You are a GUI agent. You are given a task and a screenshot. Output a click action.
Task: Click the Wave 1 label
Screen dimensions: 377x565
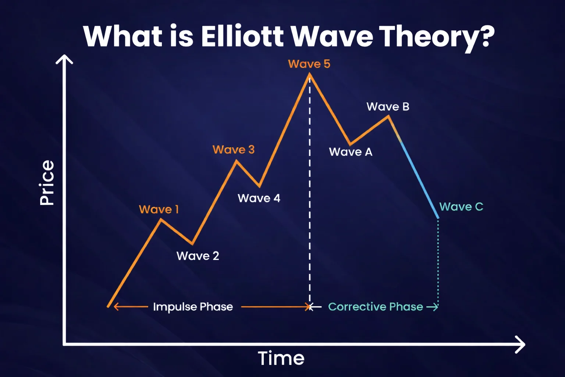tap(159, 209)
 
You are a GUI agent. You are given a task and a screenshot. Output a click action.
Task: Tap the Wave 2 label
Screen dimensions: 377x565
tap(198, 256)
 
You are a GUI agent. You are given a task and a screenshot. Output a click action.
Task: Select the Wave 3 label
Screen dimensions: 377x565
tap(234, 150)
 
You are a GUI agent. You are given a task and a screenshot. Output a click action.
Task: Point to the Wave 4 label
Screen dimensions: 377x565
tap(259, 198)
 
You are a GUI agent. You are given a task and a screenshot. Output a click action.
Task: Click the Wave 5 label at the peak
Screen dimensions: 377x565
tap(309, 64)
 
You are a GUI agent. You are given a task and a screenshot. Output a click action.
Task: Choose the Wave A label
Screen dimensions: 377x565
tap(351, 152)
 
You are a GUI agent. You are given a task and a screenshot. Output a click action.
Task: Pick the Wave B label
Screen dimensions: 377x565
tap(388, 107)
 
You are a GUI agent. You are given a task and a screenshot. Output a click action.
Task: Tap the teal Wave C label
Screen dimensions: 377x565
tap(461, 207)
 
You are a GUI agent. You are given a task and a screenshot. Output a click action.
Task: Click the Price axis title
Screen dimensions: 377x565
tap(47, 183)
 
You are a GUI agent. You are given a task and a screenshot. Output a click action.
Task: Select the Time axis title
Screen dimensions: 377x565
tap(281, 358)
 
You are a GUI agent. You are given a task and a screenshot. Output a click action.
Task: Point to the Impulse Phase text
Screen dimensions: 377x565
tap(193, 307)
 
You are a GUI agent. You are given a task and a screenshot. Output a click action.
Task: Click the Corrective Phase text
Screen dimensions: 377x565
tap(375, 307)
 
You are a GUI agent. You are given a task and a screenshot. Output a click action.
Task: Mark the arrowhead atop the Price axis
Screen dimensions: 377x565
tap(64, 59)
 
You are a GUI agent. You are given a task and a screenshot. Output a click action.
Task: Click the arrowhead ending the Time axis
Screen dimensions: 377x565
tap(520, 345)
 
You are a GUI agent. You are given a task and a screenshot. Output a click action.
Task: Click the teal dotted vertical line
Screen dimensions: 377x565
tap(438, 261)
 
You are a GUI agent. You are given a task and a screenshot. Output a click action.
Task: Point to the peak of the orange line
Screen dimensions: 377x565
tap(309, 75)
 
